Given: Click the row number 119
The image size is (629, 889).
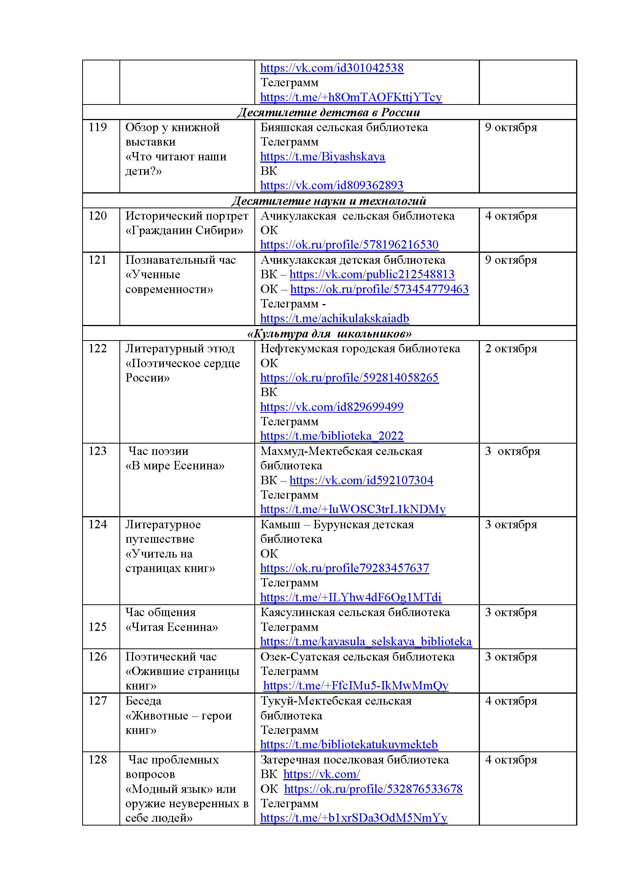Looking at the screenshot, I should pos(98,127).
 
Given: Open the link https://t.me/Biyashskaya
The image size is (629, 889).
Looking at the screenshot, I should pos(322,157).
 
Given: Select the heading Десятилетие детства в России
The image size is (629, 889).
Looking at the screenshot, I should pos(329,112).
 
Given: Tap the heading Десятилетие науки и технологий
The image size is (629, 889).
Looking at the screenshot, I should pos(329,201).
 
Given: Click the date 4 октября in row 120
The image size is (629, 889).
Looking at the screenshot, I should pos(511,216).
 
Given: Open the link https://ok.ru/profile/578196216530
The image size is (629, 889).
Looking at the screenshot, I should pos(349,245).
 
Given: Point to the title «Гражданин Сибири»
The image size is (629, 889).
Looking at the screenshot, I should pos(184,230).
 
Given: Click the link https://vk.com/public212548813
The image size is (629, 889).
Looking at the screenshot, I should pos(372,274).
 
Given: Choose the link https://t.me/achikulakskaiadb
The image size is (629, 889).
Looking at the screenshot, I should pos(335,318).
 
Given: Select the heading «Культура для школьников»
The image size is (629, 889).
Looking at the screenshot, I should pos(329,333).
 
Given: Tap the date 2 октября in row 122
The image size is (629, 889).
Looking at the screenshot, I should pos(511,349).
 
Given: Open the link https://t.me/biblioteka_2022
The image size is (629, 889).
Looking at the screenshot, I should pos(332,436).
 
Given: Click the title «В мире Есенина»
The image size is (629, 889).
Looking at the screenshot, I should pos(175,466).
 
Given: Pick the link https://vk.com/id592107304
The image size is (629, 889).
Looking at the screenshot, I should pos(361,480).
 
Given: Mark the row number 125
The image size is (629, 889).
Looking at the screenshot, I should pos(98,627).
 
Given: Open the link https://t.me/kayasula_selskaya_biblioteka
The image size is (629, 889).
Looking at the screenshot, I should pos(366,642).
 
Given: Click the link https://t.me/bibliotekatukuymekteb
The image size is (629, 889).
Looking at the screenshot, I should pos(349,745).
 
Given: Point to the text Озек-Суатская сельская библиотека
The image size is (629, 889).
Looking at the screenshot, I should pos(357,657).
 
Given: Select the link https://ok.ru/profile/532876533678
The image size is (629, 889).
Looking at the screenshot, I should pos(373,789).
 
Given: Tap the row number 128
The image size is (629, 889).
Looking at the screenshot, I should pos(98,760).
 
